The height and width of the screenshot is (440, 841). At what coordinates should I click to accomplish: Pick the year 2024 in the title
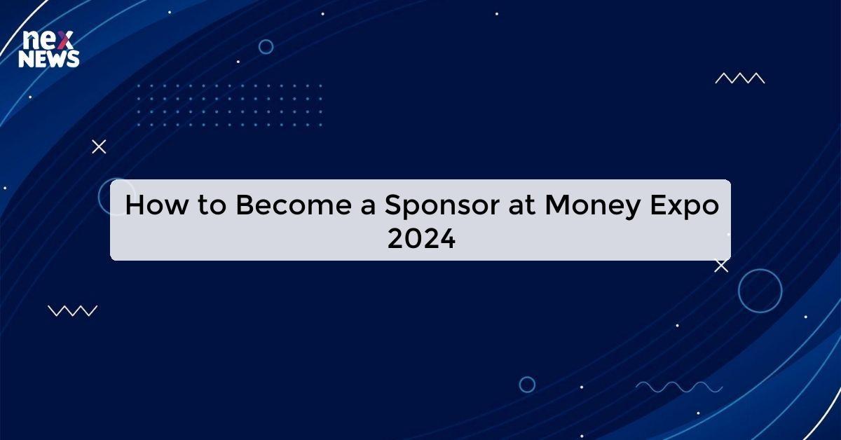[421, 240]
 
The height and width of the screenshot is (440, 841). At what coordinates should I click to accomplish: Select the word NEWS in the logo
[49, 60]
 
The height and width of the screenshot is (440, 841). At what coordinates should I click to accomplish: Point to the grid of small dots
[230, 105]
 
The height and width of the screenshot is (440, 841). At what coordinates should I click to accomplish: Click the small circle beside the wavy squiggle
[527, 385]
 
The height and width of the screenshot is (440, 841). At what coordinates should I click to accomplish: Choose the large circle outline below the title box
[760, 290]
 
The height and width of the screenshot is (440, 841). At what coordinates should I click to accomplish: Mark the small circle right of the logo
[266, 47]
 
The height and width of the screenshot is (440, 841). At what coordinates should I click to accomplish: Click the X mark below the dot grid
[99, 146]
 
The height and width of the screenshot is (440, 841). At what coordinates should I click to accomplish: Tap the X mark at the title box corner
[721, 266]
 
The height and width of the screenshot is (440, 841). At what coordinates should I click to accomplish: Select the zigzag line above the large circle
[739, 78]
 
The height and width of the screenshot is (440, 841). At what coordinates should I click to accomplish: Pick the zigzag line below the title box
[72, 310]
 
